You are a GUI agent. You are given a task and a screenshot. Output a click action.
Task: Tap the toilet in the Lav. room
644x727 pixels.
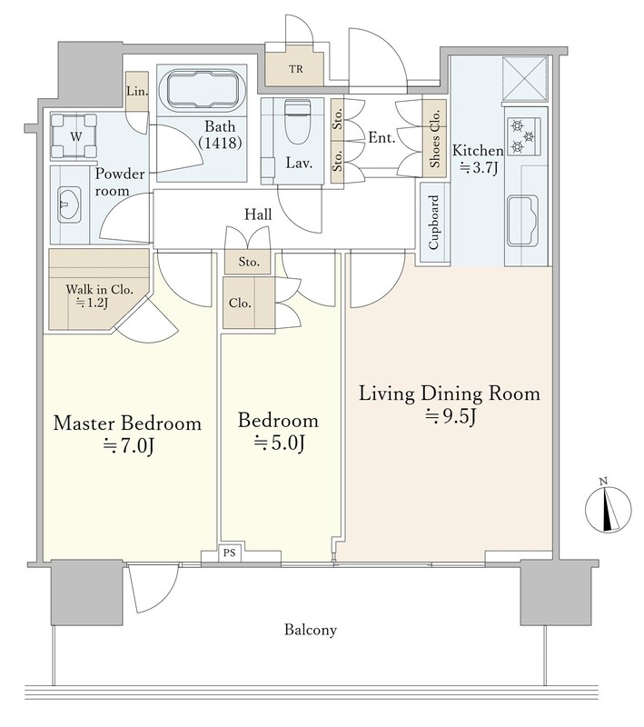tap(296, 122)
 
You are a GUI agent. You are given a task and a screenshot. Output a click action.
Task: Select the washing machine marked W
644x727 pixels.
tap(74, 136)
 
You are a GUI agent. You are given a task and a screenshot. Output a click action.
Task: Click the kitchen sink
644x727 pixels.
tap(522, 220)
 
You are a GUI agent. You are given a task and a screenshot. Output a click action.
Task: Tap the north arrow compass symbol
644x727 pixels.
tap(609, 508)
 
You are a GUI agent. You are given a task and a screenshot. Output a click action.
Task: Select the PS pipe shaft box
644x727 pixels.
tap(229, 553)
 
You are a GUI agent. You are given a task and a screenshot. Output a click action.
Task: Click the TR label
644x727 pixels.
tap(296, 69)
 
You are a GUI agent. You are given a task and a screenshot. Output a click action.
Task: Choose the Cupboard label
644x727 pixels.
tap(434, 222)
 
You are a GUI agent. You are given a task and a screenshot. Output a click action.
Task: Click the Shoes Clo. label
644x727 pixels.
tap(434, 139)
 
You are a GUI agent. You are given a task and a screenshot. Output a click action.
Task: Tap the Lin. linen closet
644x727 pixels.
tap(137, 92)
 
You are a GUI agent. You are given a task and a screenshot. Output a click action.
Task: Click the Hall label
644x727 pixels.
tap(258, 214)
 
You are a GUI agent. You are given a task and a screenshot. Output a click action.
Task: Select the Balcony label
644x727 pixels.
tap(311, 630)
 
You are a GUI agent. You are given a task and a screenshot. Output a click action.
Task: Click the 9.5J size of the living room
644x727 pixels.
tap(451, 417)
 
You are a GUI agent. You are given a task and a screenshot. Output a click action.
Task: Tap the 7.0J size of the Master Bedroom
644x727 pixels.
tap(128, 446)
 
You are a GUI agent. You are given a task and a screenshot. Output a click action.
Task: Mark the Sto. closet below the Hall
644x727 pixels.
tap(249, 262)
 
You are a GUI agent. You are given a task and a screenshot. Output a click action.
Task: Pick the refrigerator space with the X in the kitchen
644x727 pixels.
tap(525, 78)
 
